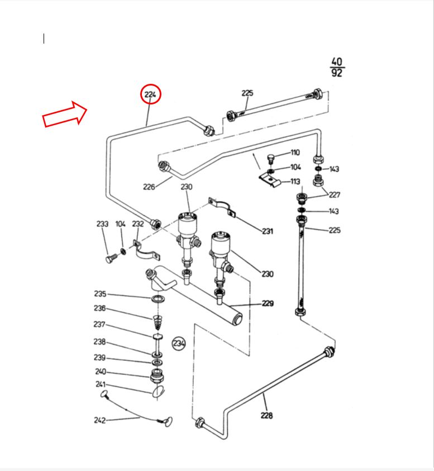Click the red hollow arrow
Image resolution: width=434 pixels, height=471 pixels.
(x=65, y=114)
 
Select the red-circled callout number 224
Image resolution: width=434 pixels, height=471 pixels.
(x=150, y=95)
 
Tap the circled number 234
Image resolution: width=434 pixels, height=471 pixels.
(x=179, y=343)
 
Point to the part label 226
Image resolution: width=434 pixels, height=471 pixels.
(x=149, y=187)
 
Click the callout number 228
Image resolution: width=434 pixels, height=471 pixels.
(x=267, y=415)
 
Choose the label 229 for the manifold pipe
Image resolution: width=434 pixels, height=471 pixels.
(x=268, y=303)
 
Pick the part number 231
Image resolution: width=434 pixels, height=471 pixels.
(x=268, y=231)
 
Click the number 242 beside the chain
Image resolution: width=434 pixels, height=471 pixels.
(x=99, y=420)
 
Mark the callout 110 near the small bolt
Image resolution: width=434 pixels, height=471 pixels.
(x=295, y=153)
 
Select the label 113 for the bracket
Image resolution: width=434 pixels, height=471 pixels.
(x=295, y=182)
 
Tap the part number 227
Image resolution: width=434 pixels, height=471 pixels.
(x=334, y=195)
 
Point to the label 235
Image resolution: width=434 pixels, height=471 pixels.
(x=99, y=294)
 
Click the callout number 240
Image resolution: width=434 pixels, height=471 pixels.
(x=100, y=372)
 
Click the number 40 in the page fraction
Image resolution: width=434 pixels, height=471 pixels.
(x=337, y=62)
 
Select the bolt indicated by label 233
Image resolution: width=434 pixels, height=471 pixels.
(x=110, y=259)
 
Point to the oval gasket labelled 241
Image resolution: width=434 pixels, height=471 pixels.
(x=159, y=390)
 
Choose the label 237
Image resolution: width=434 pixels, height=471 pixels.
(x=99, y=325)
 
